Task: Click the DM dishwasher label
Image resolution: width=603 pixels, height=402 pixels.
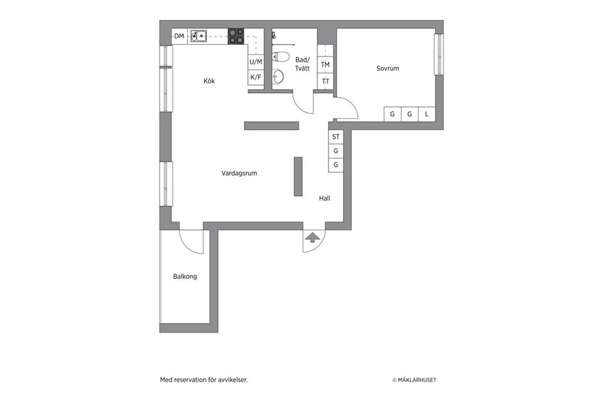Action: coord(179,36)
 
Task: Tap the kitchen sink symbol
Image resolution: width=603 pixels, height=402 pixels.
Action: coord(199,36)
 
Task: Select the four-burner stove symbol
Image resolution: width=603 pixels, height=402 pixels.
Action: coord(236,36)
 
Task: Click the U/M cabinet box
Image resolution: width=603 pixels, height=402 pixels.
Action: coord(256,62)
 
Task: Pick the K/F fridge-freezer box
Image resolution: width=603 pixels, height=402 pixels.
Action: coord(256,77)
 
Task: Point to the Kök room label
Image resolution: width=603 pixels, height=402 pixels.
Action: coord(209,81)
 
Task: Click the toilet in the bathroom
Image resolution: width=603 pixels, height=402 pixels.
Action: coord(281,57)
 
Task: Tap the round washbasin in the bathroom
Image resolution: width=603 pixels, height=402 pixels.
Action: coord(279,77)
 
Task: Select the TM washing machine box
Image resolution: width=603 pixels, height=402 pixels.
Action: coord(325,65)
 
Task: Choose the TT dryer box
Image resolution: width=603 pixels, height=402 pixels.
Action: coord(325,82)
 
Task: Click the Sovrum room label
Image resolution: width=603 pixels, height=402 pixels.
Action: coord(388,69)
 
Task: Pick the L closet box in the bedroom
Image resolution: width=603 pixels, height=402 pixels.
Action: coord(427,114)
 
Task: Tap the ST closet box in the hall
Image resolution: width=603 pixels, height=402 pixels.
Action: coord(336,137)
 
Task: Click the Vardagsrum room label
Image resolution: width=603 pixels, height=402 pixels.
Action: coord(239,173)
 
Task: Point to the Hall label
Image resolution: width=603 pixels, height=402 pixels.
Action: coord(324,198)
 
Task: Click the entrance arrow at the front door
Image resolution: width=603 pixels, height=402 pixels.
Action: coord(312,237)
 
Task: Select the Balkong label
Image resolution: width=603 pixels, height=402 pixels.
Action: coord(185,276)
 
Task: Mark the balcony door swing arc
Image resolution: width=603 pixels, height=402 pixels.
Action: coord(192,243)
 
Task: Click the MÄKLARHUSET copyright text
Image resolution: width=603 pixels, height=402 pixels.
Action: coord(414,380)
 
